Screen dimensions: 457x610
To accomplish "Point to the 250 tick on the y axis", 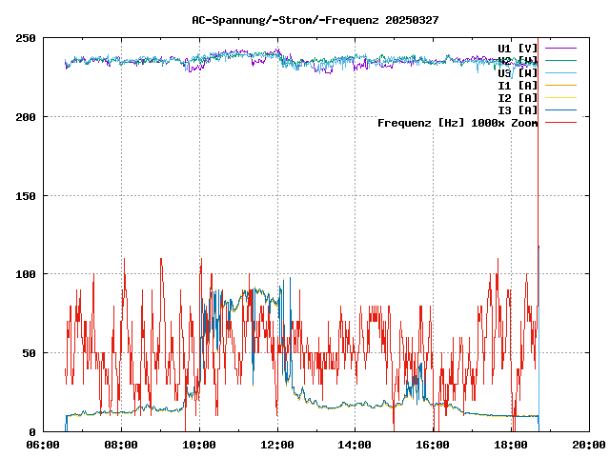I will point(26,38).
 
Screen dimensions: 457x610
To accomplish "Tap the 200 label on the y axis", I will point(26,117).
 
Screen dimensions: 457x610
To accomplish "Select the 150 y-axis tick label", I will point(26,196).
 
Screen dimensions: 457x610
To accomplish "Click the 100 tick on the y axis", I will point(26,274).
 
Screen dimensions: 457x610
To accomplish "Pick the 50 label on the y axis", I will point(29,353).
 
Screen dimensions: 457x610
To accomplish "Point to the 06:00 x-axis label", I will point(44,445).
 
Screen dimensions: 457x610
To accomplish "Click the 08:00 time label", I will point(121,445).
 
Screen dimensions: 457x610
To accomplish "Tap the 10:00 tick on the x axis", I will point(199,445).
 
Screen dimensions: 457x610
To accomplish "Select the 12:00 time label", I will point(277,445).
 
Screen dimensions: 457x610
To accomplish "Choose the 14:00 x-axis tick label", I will point(356,445).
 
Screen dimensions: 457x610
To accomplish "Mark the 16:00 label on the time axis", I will point(434,445).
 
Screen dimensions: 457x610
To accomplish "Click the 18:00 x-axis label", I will point(512,445).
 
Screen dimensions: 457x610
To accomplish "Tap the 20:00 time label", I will point(589,445).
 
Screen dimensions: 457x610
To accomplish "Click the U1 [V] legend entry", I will point(518,48).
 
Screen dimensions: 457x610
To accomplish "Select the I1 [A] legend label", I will point(518,85).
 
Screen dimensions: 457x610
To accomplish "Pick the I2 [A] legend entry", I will point(518,97).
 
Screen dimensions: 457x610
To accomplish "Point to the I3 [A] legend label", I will point(518,109).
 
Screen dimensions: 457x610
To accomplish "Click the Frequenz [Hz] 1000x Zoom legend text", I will point(457,123).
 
